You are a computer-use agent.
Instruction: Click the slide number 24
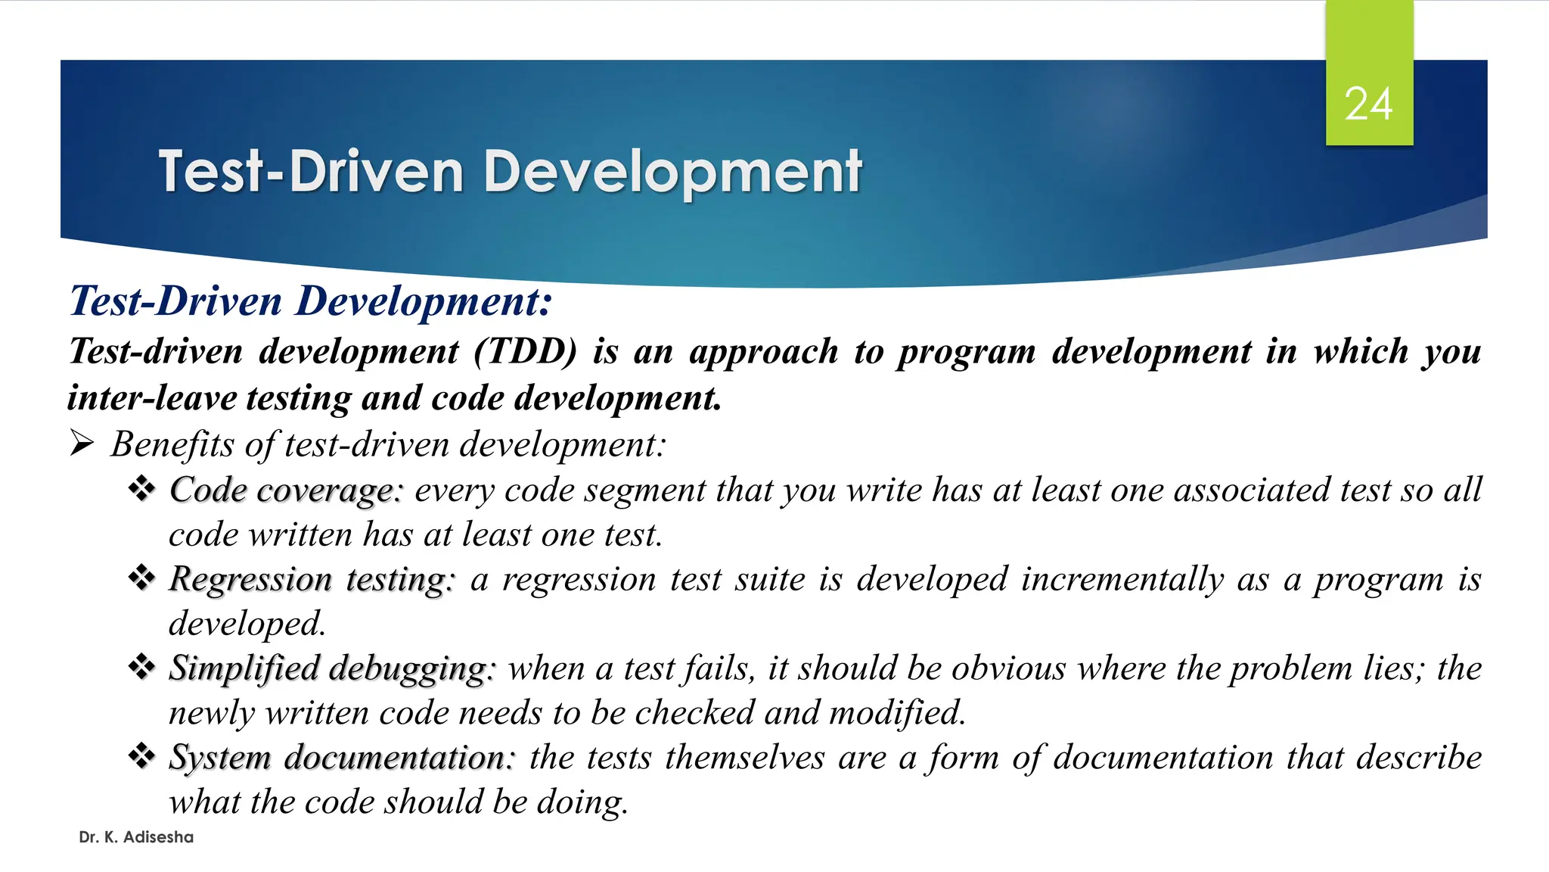pyautogui.click(x=1368, y=104)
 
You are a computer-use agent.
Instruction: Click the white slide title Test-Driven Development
pyautogui.click(x=510, y=171)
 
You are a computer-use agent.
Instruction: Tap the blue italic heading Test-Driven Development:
pyautogui.click(x=311, y=301)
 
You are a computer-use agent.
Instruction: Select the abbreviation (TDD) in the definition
pyautogui.click(x=526, y=351)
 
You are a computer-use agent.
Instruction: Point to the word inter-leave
pyautogui.click(x=152, y=398)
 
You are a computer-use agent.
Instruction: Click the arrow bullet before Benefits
pyautogui.click(x=82, y=443)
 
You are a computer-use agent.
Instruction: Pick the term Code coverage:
pyautogui.click(x=286, y=490)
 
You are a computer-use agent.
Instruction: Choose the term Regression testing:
pyautogui.click(x=312, y=580)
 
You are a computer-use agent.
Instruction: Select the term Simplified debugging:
pyautogui.click(x=331, y=669)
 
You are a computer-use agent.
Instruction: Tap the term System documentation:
pyautogui.click(x=341, y=758)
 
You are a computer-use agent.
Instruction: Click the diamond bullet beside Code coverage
pyautogui.click(x=141, y=488)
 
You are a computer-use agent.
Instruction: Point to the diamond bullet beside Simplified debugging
pyautogui.click(x=141, y=667)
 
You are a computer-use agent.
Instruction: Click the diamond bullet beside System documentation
pyautogui.click(x=141, y=755)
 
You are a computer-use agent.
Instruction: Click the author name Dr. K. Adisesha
pyautogui.click(x=136, y=837)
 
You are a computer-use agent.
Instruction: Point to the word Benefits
pyautogui.click(x=172, y=444)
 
